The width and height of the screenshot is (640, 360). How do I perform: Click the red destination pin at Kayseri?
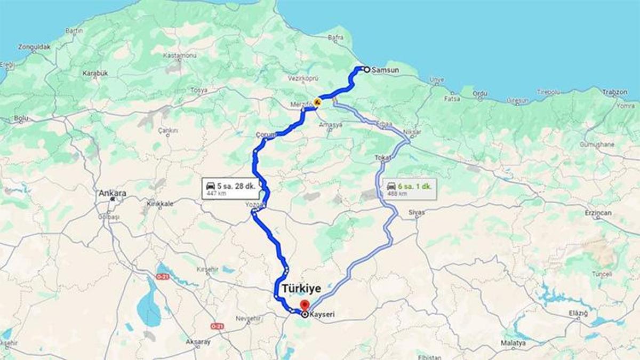(305, 306)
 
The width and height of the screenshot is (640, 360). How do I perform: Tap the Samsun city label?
(385, 70)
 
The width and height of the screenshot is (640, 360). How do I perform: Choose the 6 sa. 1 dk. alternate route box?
(411, 189)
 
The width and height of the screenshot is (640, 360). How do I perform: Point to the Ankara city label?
(112, 193)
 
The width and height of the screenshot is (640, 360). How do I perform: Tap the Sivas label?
(417, 212)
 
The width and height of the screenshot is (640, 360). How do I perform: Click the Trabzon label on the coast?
(614, 92)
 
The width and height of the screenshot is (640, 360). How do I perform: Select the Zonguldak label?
(34, 47)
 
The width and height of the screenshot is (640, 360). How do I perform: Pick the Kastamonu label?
(180, 55)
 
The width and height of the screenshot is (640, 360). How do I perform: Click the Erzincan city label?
(597, 213)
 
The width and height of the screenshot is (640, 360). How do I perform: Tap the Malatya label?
(514, 343)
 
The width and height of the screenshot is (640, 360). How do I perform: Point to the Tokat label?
(383, 158)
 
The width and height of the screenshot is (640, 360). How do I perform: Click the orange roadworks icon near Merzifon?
(317, 101)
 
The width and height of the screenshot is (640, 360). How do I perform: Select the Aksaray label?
(198, 342)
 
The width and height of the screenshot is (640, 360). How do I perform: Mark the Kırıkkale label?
(160, 204)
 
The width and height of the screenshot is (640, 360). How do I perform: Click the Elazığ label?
(578, 313)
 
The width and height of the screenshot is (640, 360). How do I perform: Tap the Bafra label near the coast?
(335, 37)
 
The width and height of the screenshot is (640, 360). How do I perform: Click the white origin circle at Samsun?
(367, 69)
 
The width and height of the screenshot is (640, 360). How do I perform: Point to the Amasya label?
(331, 124)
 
